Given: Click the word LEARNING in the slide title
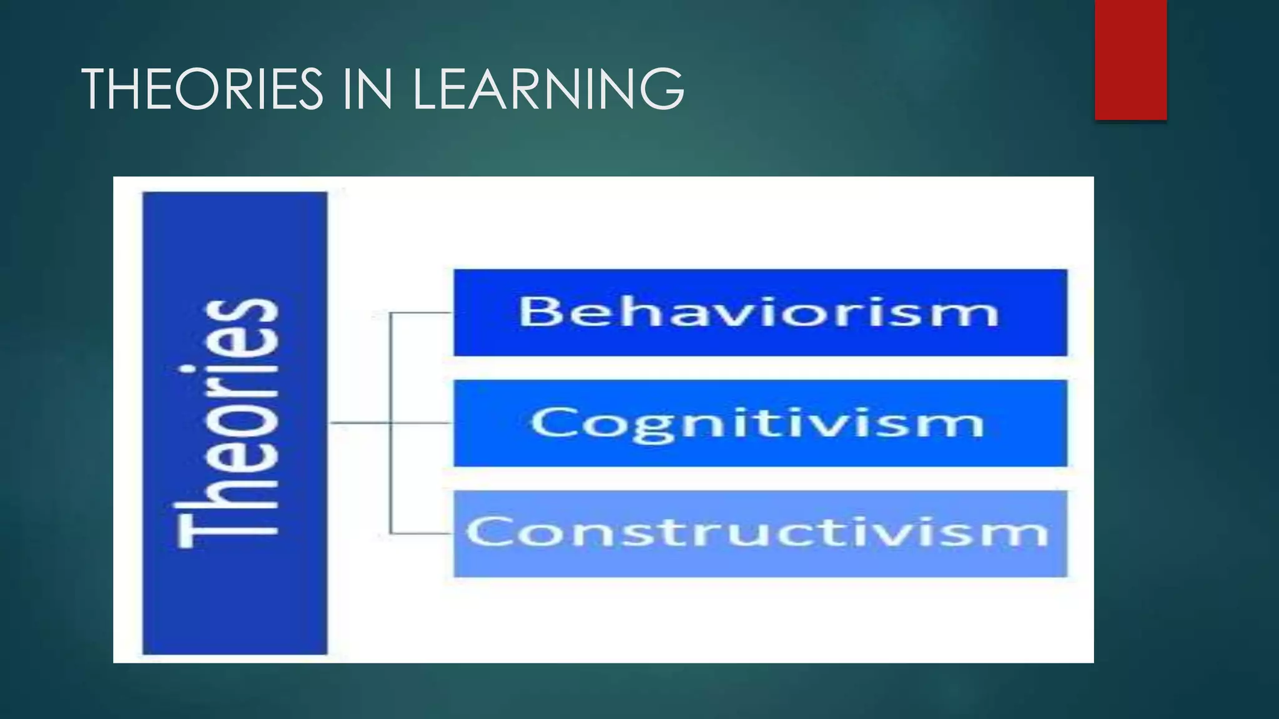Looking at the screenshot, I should pyautogui.click(x=547, y=89).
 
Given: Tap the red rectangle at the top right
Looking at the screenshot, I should pyautogui.click(x=1130, y=59).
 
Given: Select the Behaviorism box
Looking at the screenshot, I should pyautogui.click(x=760, y=313).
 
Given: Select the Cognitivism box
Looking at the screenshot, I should pyautogui.click(x=760, y=423).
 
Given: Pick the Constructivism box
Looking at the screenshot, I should pyautogui.click(x=760, y=534).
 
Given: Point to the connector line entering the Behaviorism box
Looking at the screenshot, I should pyautogui.click(x=422, y=313).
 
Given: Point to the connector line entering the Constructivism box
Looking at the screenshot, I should pyautogui.click(x=422, y=534).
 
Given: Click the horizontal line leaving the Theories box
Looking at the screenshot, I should pyautogui.click(x=359, y=423).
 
